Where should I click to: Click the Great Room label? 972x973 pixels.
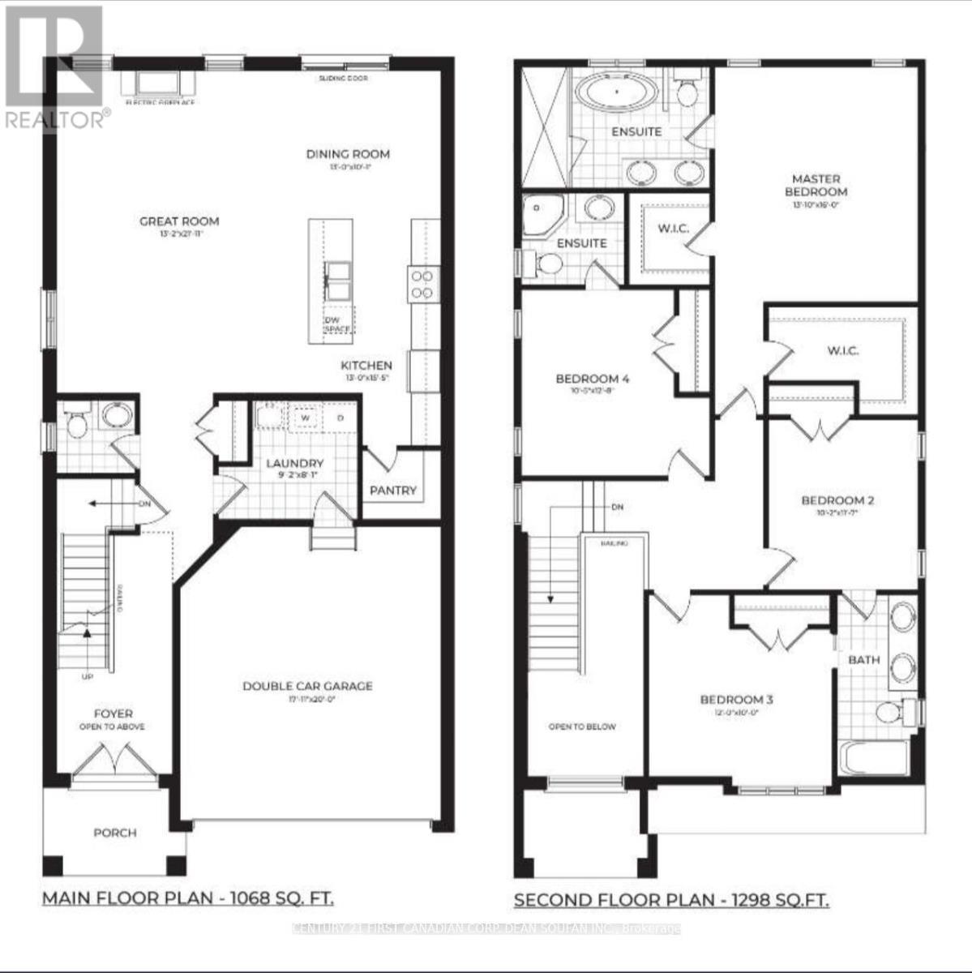(179, 221)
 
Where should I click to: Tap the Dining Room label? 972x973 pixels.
(348, 154)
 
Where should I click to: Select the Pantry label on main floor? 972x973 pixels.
(393, 491)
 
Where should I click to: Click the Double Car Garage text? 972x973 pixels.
(308, 686)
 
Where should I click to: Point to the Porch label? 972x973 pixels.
(115, 833)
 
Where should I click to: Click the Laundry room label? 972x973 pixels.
(295, 463)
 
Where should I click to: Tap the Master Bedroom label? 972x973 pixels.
(820, 185)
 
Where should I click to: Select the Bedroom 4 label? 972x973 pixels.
(593, 379)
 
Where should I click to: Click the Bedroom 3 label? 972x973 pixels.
(732, 699)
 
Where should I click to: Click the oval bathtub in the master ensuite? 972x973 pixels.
(617, 92)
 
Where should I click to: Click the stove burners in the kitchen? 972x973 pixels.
(422, 285)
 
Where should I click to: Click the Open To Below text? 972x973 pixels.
(582, 727)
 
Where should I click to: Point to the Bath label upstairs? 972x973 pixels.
(864, 660)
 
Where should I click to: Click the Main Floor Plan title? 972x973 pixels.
(187, 898)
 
